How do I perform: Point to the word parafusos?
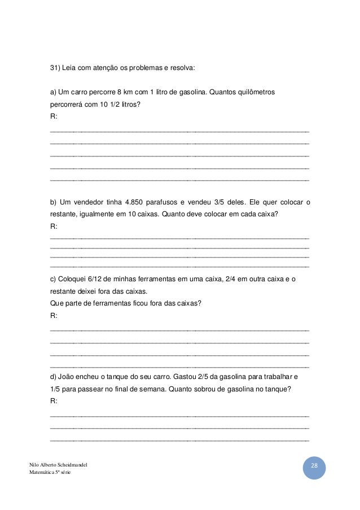pyautogui.click(x=170, y=202)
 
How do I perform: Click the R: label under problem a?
pyautogui.click(x=54, y=116)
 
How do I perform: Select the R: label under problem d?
pyautogui.click(x=54, y=400)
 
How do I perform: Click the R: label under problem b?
pyautogui.click(x=54, y=226)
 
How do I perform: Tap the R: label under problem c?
pyautogui.click(x=54, y=315)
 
